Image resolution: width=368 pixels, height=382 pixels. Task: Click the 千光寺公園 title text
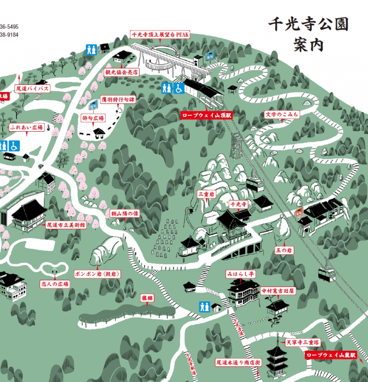click(x=308, y=25)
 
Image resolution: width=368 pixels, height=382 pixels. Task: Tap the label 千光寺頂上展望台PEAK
click(x=160, y=35)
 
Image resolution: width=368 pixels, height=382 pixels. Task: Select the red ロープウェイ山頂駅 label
click(x=206, y=116)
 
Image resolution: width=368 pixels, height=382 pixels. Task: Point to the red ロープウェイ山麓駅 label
click(x=330, y=355)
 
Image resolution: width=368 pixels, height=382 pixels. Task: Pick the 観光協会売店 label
click(x=121, y=72)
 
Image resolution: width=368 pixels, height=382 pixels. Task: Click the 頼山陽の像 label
click(x=124, y=214)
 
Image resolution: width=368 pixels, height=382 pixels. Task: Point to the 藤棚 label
click(x=147, y=298)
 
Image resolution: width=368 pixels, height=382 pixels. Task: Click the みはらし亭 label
click(x=240, y=274)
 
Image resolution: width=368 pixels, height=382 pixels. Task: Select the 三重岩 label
click(x=207, y=194)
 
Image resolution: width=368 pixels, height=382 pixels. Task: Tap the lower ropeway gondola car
click(x=327, y=274)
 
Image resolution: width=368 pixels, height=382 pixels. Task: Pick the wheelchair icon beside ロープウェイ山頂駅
click(x=179, y=88)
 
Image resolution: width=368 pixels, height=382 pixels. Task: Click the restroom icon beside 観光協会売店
click(x=91, y=50)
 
